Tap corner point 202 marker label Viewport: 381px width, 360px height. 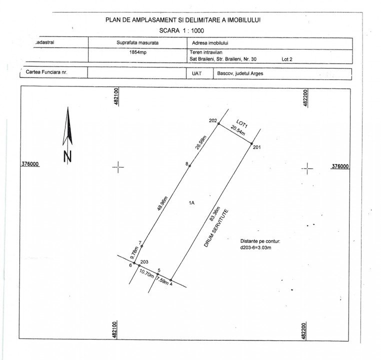pyautogui.click(x=212, y=121)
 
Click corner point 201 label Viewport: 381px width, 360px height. pyautogui.click(x=256, y=147)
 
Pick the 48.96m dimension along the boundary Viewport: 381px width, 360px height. pyautogui.click(x=163, y=201)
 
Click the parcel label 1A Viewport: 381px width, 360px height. pyautogui.click(x=191, y=202)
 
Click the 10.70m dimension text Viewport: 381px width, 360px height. pyautogui.click(x=146, y=273)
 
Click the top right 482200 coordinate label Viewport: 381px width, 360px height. pyautogui.click(x=304, y=97)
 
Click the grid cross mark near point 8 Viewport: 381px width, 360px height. pyautogui.click(x=118, y=167)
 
